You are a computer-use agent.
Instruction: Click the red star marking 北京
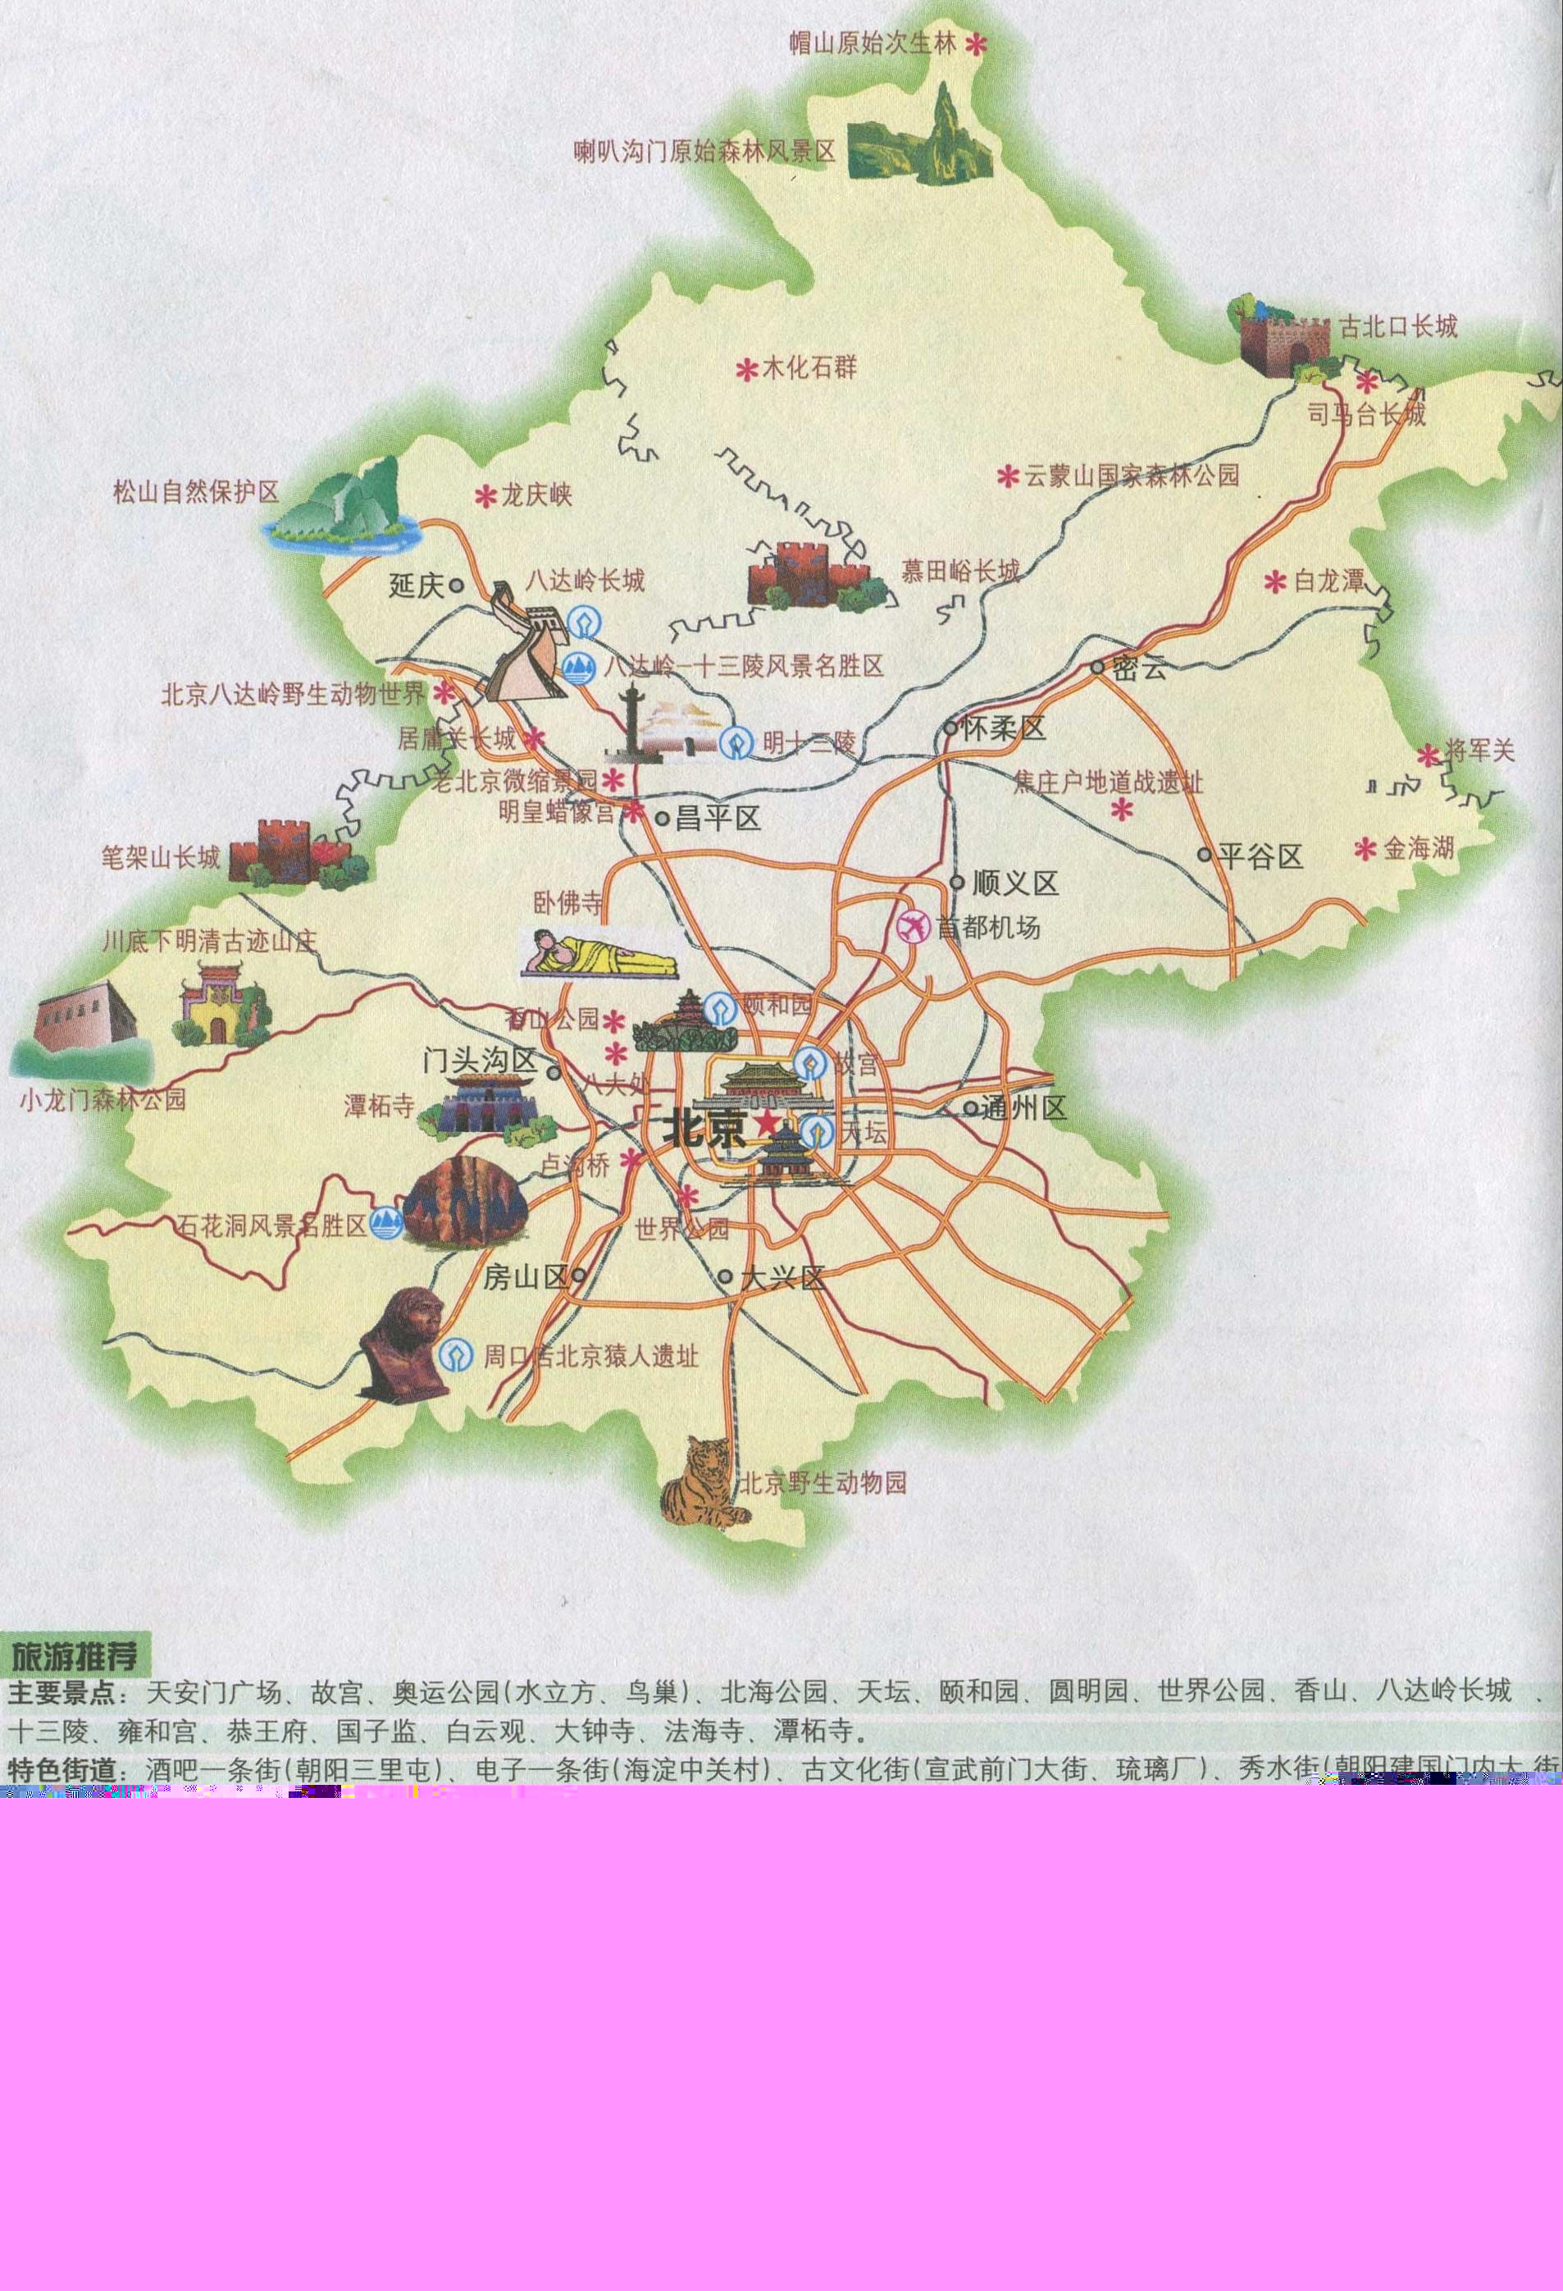pyautogui.click(x=766, y=1123)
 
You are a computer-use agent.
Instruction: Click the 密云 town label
pyautogui.click(x=1138, y=669)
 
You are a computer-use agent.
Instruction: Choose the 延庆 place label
pyautogui.click(x=417, y=586)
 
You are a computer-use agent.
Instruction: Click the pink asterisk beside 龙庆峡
pyautogui.click(x=485, y=496)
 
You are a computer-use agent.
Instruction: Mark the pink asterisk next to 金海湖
pyautogui.click(x=1365, y=848)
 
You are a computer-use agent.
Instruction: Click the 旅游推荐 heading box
pyautogui.click(x=76, y=1655)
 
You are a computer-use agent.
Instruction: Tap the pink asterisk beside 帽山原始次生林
pyautogui.click(x=976, y=44)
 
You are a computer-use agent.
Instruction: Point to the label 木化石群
pyautogui.click(x=810, y=368)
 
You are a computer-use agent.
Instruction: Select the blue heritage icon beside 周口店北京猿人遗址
pyautogui.click(x=455, y=1355)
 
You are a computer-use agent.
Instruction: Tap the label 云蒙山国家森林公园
pyautogui.click(x=1132, y=476)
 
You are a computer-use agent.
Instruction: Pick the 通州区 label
pyautogui.click(x=1024, y=1108)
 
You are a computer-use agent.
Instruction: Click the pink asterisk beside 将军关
pyautogui.click(x=1428, y=756)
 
